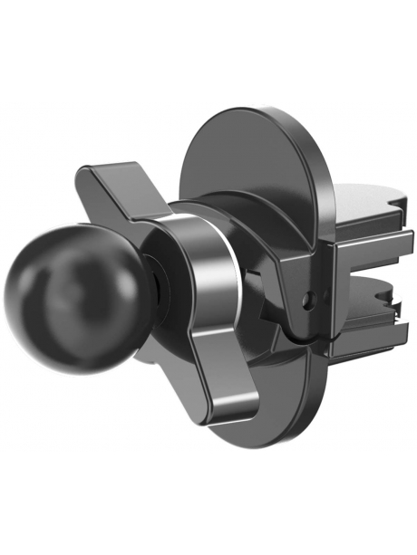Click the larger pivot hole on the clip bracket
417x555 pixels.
pyautogui.click(x=313, y=294)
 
